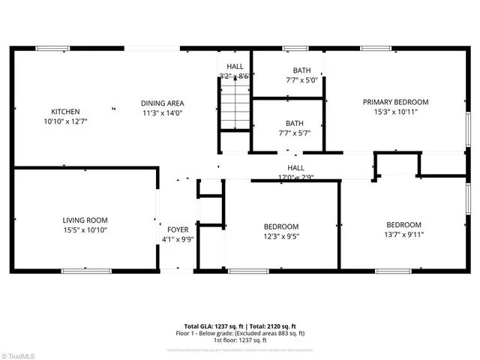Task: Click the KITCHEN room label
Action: [x=65, y=112]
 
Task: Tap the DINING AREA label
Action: [x=163, y=103]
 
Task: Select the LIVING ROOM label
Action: [x=85, y=220]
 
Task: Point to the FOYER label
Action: [x=178, y=230]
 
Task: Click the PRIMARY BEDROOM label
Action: [x=395, y=102]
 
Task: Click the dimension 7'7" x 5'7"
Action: [x=294, y=133]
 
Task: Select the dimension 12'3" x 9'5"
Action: [x=280, y=235]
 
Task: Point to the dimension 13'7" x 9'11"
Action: [x=403, y=234]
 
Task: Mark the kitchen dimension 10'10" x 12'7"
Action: [x=65, y=121]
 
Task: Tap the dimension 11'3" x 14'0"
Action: [x=163, y=112]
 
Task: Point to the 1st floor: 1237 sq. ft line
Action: [x=240, y=340]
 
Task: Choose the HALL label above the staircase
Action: [x=235, y=67]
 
